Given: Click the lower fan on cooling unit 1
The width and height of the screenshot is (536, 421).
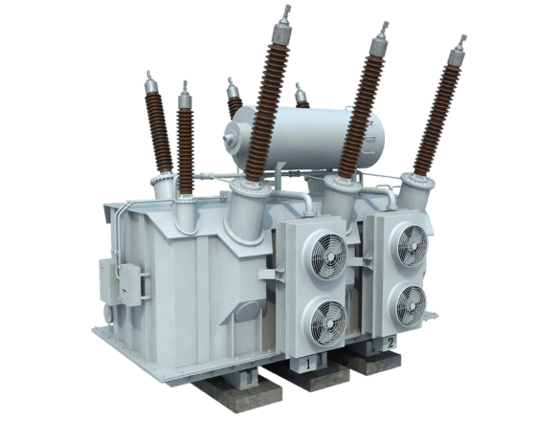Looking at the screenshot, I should (x=324, y=318).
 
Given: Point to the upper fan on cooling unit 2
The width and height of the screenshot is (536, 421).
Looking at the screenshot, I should (x=408, y=239).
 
